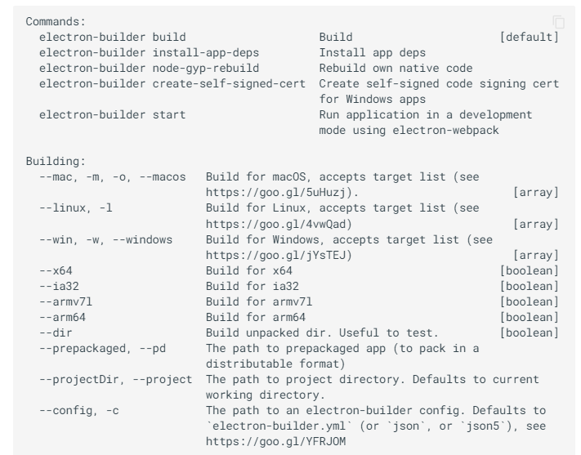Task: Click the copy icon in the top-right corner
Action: tap(559, 22)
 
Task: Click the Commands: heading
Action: tap(56, 21)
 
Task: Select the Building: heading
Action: tap(56, 161)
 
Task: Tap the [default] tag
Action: tap(530, 37)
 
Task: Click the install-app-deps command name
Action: tap(206, 52)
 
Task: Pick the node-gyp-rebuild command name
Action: tap(206, 68)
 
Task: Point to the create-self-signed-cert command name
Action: tap(229, 84)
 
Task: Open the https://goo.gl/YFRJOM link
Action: tap(275, 441)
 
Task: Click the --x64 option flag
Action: tap(56, 270)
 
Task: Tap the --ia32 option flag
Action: tap(59, 286)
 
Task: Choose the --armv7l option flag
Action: tap(65, 301)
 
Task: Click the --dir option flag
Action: tap(56, 332)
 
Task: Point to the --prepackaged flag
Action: tap(83, 349)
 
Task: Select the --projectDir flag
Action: tap(79, 380)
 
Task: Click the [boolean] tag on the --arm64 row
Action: tap(530, 317)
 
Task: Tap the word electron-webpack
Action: tap(445, 131)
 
